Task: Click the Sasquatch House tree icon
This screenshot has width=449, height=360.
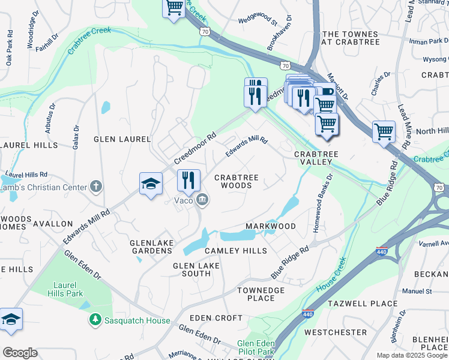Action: [x=95, y=320]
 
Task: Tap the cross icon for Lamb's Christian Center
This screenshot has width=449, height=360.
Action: [x=95, y=187]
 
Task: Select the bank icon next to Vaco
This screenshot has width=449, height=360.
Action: [x=202, y=200]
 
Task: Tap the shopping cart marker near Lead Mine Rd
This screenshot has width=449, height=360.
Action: [x=384, y=131]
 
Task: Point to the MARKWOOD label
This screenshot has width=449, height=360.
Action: [x=271, y=226]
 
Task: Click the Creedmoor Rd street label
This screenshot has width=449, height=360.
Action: [x=194, y=149]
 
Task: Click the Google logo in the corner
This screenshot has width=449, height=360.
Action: [x=20, y=352]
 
